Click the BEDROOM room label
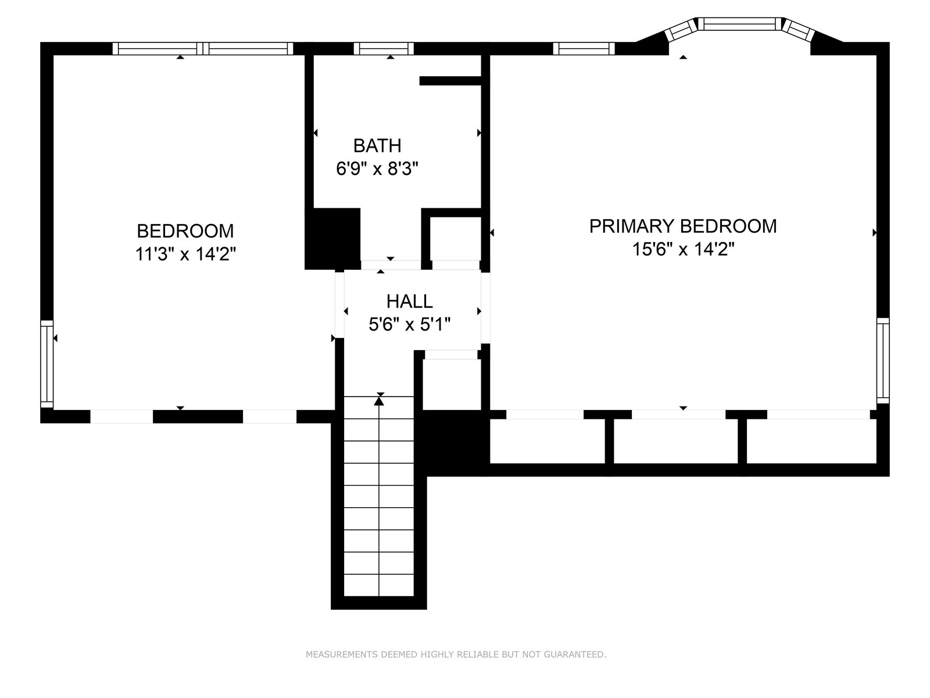[185, 231]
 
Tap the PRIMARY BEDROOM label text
[683, 226]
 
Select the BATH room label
[377, 145]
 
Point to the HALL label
[409, 301]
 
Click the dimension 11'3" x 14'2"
[185, 254]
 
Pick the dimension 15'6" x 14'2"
[683, 250]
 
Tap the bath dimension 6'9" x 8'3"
[377, 169]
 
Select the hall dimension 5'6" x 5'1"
[409, 325]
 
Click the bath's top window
[384, 49]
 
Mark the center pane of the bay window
[739, 24]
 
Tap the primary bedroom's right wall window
[882, 361]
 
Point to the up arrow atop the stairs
[379, 400]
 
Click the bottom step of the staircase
[379, 585]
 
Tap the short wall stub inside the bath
[450, 81]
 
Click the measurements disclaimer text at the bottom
[456, 655]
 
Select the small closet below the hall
[451, 384]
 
